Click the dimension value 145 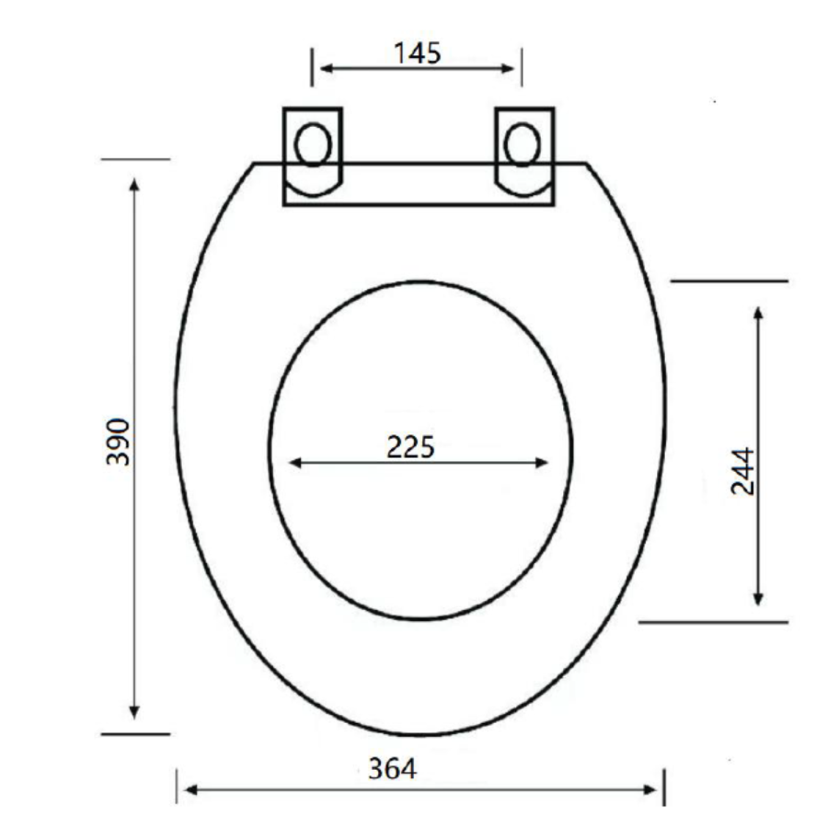tap(418, 53)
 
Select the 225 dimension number tap(410, 447)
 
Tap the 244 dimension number tap(742, 471)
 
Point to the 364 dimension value tap(393, 769)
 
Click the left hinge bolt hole tap(313, 145)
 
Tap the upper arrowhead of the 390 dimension tap(135, 185)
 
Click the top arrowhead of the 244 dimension tap(758, 312)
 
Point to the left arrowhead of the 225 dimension tap(295, 463)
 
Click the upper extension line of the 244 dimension tap(729, 281)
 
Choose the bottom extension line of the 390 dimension tap(135, 734)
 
